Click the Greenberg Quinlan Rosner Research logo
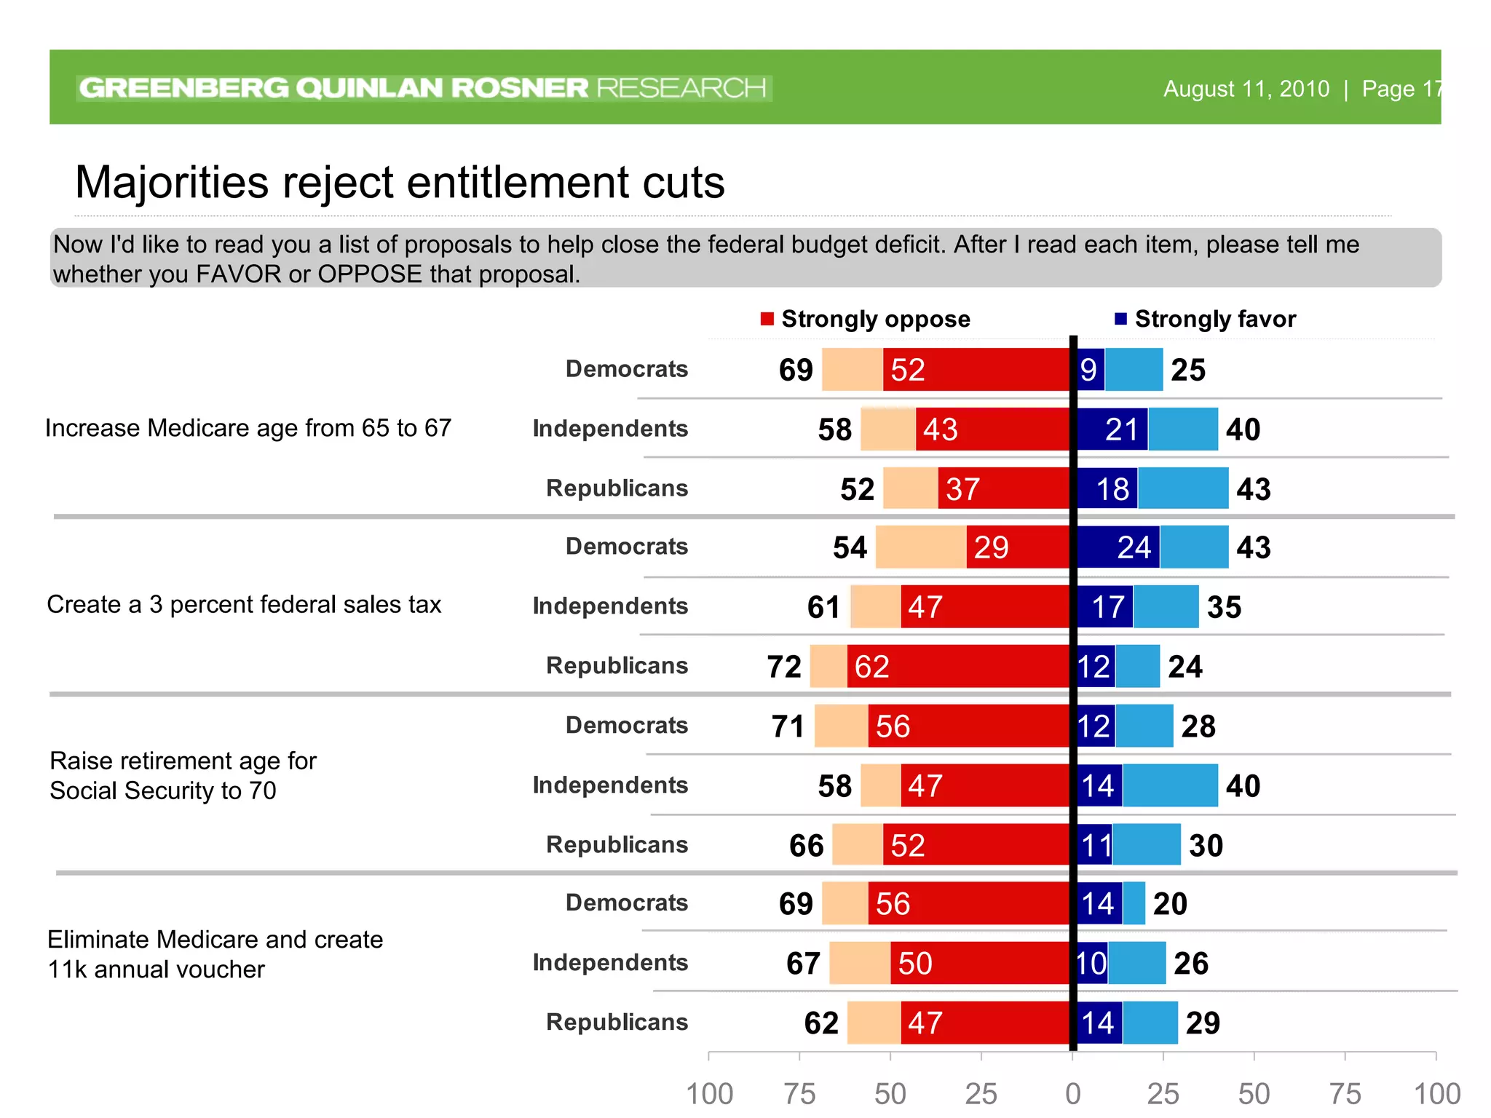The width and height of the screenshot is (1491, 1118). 423,88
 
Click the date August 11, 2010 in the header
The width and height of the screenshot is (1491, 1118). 1246,89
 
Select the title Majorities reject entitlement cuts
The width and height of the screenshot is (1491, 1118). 400,182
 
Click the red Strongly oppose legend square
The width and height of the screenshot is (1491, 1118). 767,319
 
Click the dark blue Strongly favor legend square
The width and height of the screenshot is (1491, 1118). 1120,319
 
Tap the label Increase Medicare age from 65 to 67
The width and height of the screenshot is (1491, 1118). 248,428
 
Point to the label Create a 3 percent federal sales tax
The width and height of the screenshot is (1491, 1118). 244,605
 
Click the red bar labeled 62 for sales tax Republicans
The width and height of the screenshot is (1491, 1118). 957,666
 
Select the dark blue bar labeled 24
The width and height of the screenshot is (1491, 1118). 1118,547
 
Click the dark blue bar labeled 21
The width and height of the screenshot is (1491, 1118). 1112,429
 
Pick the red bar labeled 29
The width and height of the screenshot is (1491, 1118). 1017,547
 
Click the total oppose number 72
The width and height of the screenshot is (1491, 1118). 784,667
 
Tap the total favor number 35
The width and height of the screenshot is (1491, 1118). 1224,607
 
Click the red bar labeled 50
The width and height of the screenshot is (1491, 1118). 978,963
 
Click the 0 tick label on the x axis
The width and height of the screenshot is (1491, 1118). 1072,1093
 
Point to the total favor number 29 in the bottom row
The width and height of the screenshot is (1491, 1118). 1203,1023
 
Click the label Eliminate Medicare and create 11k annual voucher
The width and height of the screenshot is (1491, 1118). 215,954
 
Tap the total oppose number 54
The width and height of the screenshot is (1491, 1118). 850,547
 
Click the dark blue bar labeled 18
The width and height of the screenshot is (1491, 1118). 1107,488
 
